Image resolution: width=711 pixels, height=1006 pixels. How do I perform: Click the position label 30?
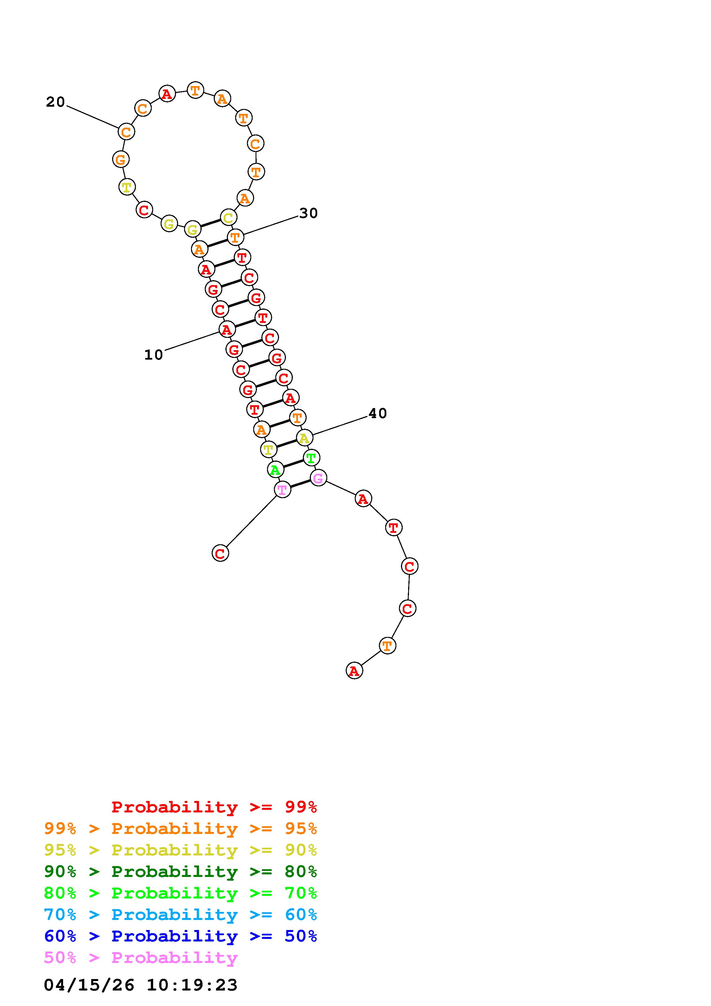coord(308,213)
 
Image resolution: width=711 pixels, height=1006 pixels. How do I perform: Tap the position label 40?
coord(378,413)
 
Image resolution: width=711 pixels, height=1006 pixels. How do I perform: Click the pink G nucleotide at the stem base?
coord(318,477)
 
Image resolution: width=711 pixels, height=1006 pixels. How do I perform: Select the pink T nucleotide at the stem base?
coord(282,490)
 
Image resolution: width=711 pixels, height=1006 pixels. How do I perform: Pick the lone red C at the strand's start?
coord(220,553)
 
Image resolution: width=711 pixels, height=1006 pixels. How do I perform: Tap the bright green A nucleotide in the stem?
coord(275,470)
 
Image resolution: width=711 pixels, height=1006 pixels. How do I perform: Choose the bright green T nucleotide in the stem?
coord(311,458)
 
